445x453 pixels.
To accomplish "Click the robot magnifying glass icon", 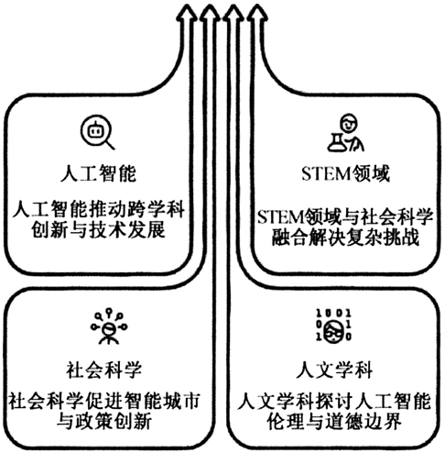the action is (97, 132).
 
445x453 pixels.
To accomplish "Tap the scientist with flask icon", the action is (345, 133).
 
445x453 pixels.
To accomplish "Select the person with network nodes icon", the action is (109, 326).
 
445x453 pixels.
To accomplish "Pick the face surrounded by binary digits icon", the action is (333, 326).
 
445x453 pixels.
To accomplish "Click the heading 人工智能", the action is (98, 173).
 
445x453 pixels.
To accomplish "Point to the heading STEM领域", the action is (345, 173).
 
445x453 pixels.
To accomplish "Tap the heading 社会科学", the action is (104, 370).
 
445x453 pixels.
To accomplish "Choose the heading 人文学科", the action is (334, 370).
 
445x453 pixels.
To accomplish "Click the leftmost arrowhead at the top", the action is (187, 14).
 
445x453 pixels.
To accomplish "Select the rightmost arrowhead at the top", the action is (257, 14).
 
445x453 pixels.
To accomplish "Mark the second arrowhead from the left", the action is (210, 14).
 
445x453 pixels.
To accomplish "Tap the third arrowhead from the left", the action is (233, 14).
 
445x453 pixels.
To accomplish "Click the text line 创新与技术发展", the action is (98, 229).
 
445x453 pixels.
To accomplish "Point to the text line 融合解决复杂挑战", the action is (345, 237).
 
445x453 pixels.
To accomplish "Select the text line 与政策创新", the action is (104, 421).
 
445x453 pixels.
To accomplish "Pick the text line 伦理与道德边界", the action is (334, 421).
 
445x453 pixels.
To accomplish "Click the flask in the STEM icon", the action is (337, 143).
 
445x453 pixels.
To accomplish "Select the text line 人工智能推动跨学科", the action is (98, 209).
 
